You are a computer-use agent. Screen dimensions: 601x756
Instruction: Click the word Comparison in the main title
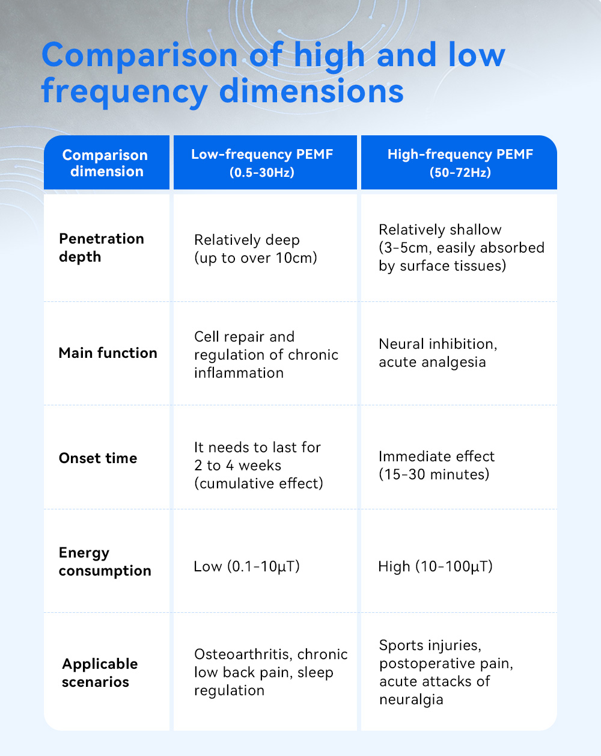pos(139,56)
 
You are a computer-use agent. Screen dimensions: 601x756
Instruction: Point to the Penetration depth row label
pos(102,248)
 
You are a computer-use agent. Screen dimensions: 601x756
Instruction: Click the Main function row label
pos(108,353)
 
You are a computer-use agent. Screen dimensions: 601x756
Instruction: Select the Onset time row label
pos(98,458)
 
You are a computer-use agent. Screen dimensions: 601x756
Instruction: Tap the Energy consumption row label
pos(105,562)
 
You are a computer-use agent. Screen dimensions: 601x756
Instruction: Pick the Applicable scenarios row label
pos(100,673)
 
